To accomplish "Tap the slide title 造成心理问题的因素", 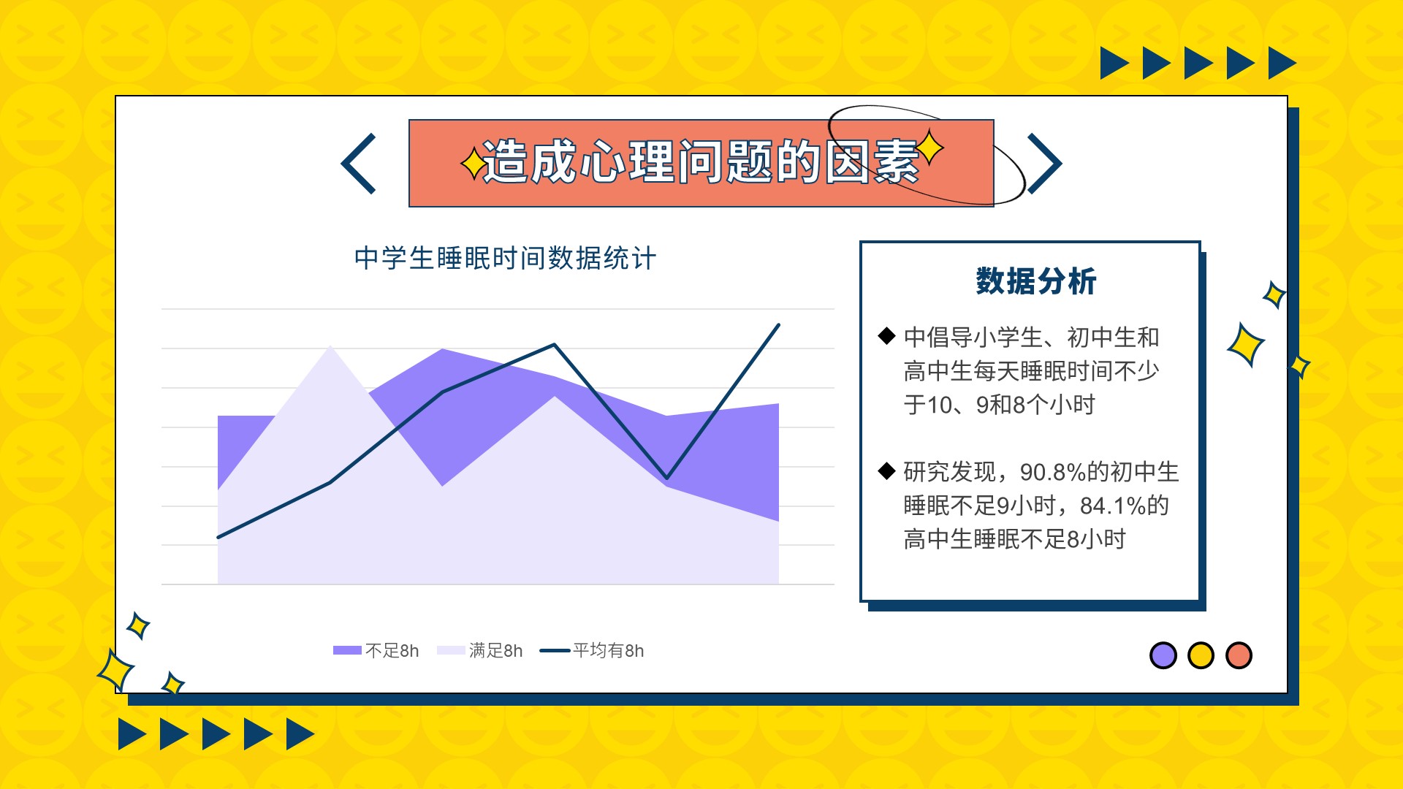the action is pos(700,161).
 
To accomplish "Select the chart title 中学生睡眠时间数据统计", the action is pos(505,259).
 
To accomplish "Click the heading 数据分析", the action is pos(1036,281).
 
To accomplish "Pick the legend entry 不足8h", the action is pos(376,650).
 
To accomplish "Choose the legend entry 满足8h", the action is pos(479,650).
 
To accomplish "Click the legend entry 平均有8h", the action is pos(592,650).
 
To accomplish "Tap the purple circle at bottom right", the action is pos(1163,655).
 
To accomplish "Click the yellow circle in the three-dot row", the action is pos(1201,655).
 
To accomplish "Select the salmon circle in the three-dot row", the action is pos(1239,655).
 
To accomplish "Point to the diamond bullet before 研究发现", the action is pos(886,470).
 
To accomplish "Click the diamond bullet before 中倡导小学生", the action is pos(886,336).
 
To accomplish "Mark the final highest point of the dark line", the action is pos(779,325).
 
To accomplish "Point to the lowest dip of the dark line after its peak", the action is pos(666,479).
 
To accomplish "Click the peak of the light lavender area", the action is pos(330,346).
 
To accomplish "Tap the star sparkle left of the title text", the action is pos(473,164).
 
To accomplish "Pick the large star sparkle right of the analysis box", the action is pos(1245,344).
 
